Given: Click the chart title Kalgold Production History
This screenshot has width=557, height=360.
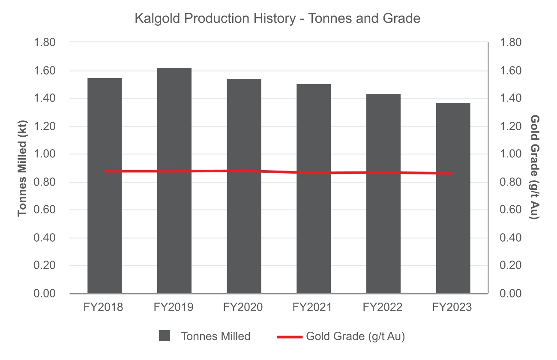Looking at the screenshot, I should tap(278, 18).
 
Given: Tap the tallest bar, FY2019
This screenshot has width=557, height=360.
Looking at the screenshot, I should tap(174, 180).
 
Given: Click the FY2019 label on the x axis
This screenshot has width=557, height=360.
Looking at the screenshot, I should tap(174, 308).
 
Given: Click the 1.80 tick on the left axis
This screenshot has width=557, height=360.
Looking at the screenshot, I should tap(45, 43).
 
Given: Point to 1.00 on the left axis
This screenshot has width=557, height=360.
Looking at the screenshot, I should tap(45, 154).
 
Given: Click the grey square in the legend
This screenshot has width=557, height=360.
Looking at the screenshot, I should tap(165, 336).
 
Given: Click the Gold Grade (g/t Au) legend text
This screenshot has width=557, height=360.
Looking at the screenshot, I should tap(355, 336).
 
